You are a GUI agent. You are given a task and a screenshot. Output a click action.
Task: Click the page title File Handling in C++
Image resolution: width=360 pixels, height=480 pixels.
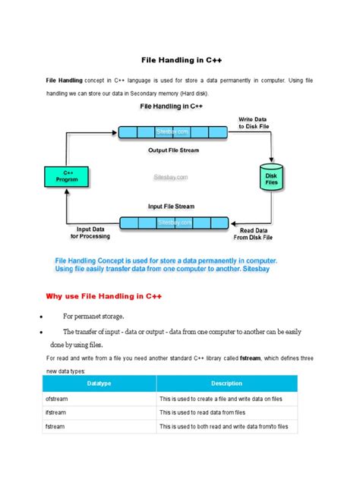click(x=179, y=58)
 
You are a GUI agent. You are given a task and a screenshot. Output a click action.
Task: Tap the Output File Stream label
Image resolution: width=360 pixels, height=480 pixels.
click(x=172, y=150)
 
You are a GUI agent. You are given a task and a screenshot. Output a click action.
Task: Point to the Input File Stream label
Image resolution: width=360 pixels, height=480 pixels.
click(x=172, y=206)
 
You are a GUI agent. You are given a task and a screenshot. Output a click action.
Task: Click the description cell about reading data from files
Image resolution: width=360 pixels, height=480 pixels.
click(x=202, y=412)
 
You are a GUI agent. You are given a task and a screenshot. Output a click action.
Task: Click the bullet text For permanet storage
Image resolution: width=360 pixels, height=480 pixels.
click(x=93, y=315)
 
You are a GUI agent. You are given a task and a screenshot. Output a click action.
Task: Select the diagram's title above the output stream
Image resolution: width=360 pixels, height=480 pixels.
click(x=170, y=107)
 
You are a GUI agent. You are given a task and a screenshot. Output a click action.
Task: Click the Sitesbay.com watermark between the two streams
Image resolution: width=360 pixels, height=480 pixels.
click(x=170, y=177)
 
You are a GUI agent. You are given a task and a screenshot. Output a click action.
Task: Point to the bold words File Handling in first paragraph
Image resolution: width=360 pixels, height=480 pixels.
click(x=65, y=79)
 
